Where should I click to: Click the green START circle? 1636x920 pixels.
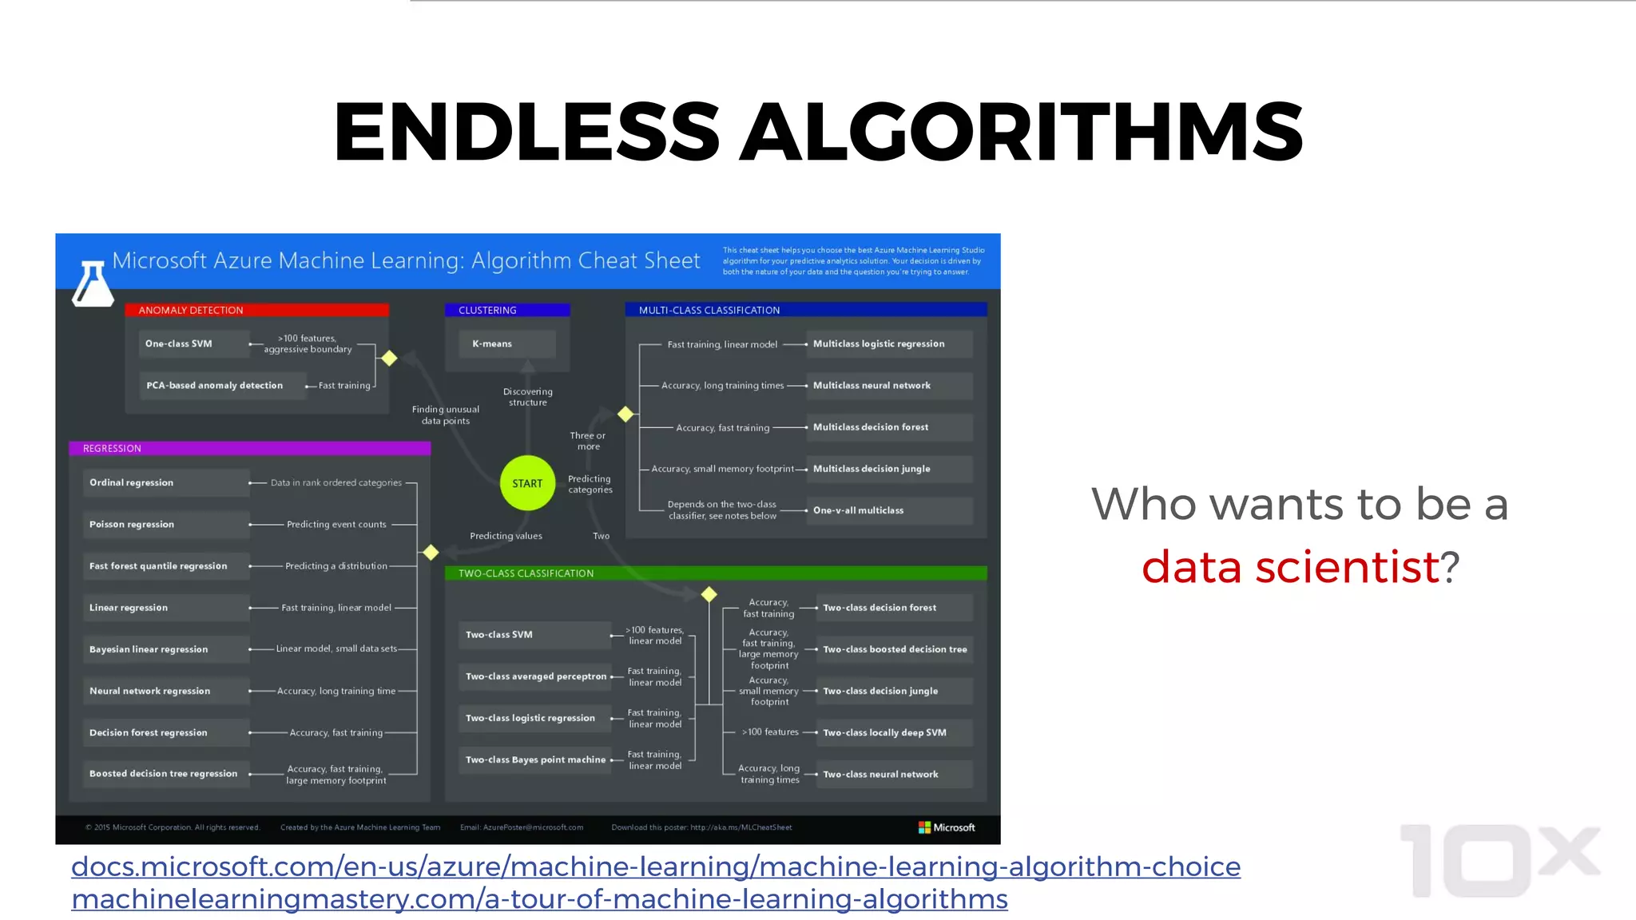[x=527, y=483]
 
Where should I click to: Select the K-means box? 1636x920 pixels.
[x=507, y=344]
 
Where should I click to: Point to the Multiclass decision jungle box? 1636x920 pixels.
[x=889, y=469]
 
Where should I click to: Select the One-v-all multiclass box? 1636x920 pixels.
[x=889, y=510]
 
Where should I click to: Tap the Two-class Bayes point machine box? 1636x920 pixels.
[x=535, y=759]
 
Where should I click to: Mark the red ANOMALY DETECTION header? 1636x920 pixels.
[x=256, y=310]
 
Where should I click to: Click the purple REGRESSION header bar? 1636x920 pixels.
[x=249, y=448]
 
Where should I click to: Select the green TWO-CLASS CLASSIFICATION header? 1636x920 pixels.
[x=715, y=573]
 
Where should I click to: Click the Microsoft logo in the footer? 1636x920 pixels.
[x=947, y=827]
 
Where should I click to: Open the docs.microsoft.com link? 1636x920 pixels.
[x=655, y=866]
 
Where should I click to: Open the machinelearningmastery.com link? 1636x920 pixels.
[x=539, y=899]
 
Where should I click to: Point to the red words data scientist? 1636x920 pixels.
[x=1290, y=567]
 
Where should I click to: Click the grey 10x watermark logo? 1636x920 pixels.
[x=1498, y=861]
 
